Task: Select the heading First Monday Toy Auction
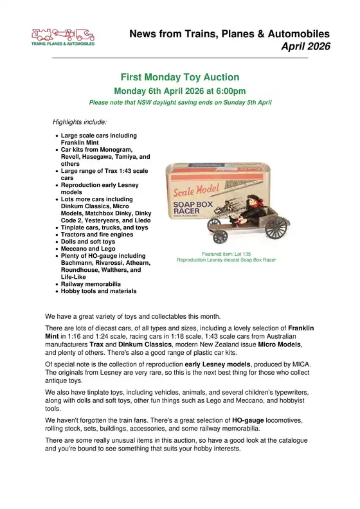tap(179, 77)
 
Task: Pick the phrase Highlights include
tap(80, 121)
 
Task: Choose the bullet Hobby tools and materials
tap(98, 291)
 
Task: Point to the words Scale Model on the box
tap(195, 190)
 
